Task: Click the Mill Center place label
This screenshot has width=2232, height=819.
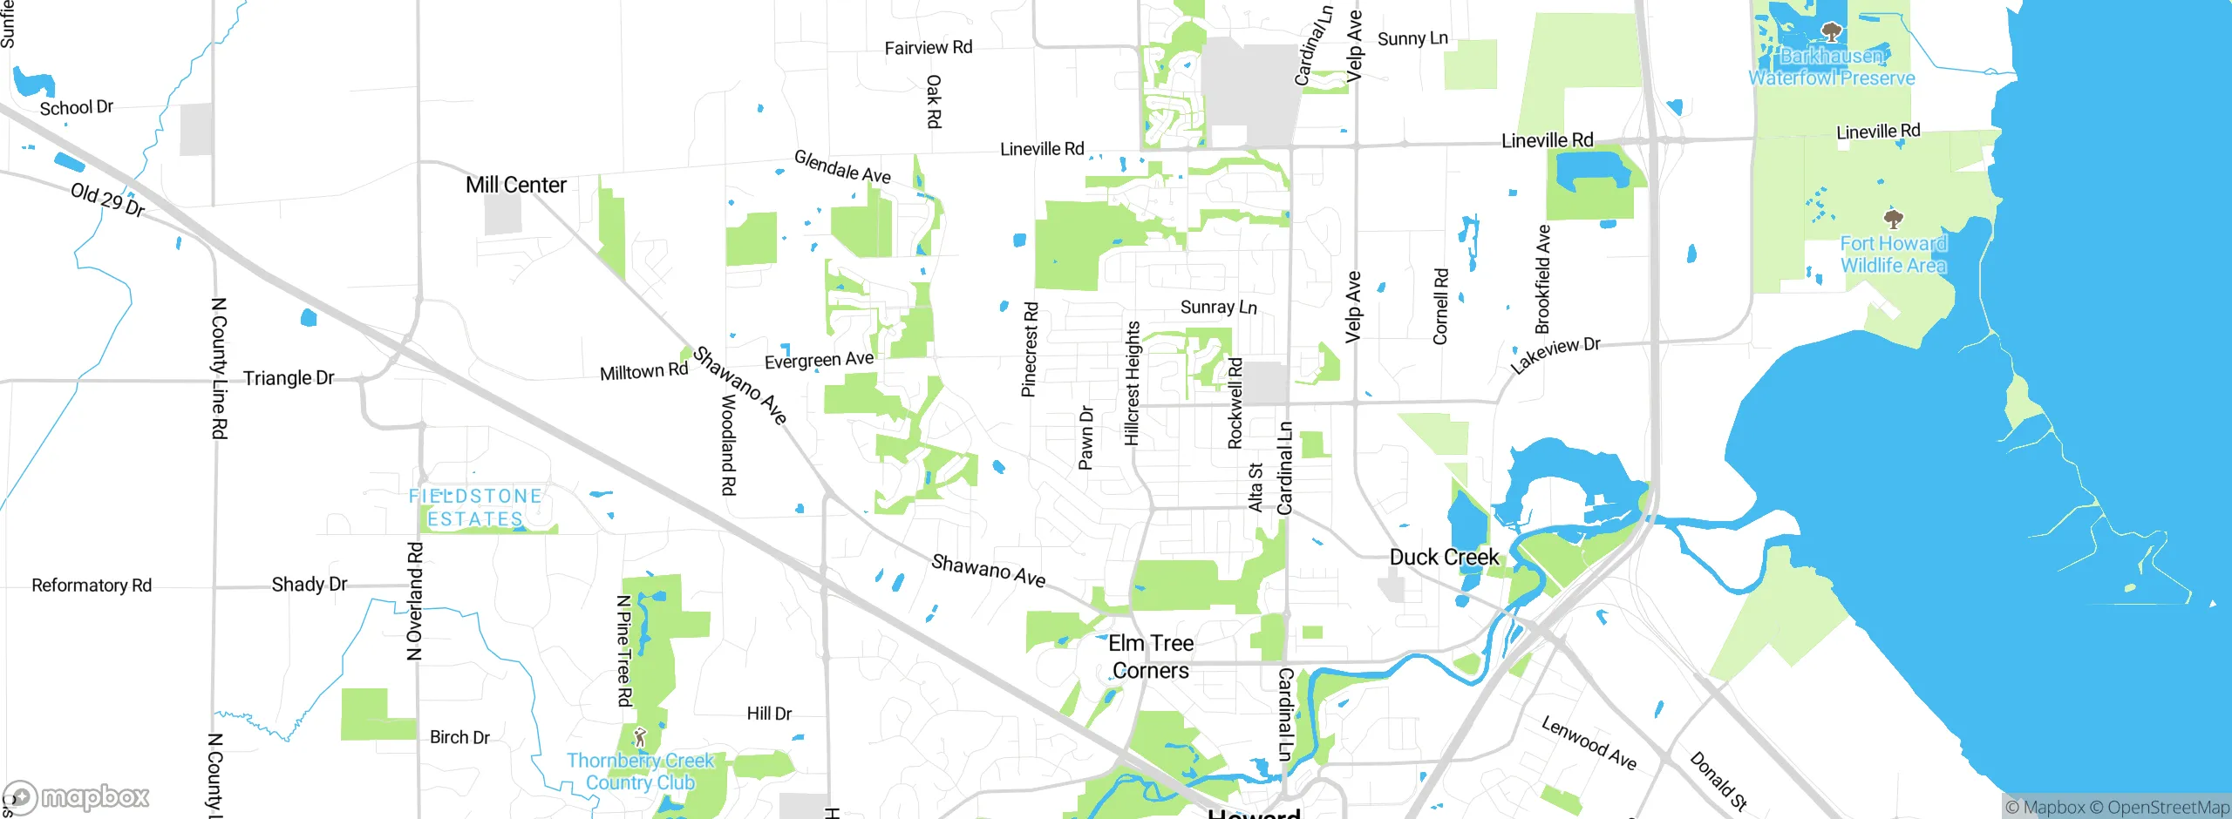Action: coord(515,185)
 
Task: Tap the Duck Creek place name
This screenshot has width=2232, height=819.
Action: coord(1444,557)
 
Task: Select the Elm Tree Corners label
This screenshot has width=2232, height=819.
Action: coord(1151,657)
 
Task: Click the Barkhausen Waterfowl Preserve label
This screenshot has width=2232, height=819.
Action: coord(1832,67)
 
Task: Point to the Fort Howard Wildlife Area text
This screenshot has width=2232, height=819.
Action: coord(1893,254)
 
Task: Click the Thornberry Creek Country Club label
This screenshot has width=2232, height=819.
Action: coord(640,771)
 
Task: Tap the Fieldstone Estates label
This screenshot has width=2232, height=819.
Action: coord(475,507)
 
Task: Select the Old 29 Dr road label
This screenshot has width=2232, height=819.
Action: coord(107,200)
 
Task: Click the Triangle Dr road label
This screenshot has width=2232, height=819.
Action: coord(289,378)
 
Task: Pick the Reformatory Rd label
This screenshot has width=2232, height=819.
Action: coord(92,585)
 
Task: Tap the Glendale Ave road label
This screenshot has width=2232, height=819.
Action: coord(842,166)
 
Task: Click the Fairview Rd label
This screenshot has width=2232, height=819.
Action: coord(929,48)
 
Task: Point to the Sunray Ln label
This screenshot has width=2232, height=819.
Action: coord(1218,307)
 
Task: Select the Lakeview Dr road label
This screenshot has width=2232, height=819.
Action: coord(1555,355)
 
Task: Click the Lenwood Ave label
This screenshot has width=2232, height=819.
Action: coord(1589,742)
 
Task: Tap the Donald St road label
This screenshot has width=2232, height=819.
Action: coord(1718,781)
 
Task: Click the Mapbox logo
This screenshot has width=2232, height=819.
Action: coord(77,797)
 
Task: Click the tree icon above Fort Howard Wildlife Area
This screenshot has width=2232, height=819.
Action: coord(1893,218)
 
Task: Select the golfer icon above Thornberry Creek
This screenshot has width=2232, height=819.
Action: coord(640,738)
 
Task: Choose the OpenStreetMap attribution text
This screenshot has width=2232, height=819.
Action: coord(2168,808)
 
